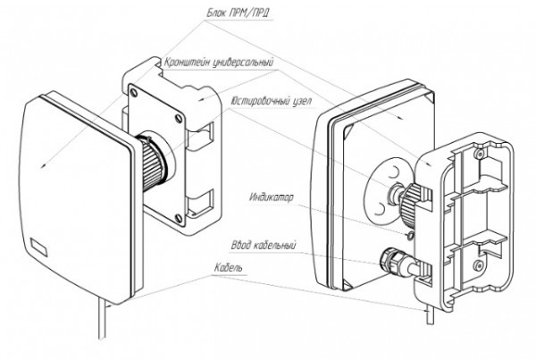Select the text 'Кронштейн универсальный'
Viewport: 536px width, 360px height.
point(218,63)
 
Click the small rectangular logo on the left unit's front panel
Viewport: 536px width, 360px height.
point(38,245)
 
